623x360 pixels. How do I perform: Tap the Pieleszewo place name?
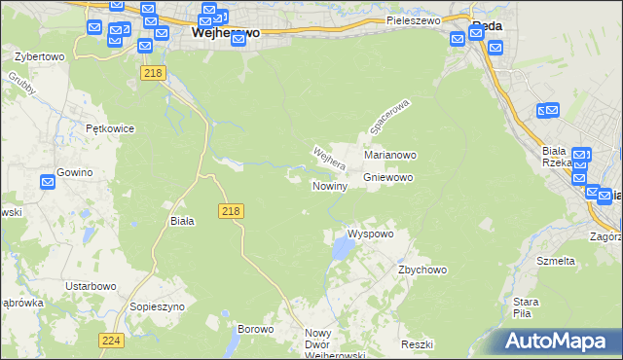coord(414,19)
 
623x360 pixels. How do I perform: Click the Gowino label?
coord(74,172)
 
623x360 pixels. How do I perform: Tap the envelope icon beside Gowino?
coord(48,182)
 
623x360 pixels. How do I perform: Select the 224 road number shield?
coord(110,340)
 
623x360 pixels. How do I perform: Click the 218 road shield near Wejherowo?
coord(150,73)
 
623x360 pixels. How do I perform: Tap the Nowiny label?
coord(330,186)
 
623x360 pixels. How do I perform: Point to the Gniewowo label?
coord(388,178)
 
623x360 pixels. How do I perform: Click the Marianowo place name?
coord(390,155)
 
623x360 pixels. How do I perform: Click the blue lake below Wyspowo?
coord(343,251)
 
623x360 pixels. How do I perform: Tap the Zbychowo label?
coord(421,270)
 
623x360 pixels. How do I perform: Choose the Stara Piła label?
coord(527,307)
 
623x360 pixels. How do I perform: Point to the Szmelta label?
coord(557,261)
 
